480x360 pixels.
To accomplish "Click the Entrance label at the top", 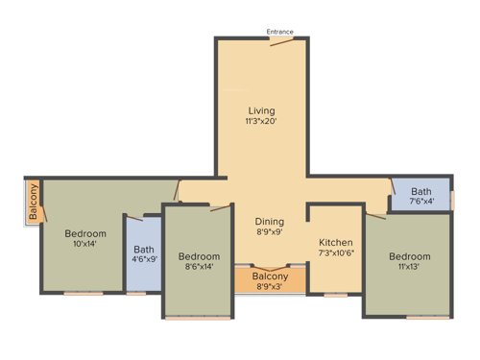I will (x=281, y=32).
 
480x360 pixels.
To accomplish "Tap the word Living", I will (x=262, y=110).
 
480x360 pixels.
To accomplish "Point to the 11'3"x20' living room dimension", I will (x=262, y=122).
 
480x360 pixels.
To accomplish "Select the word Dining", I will (x=270, y=221).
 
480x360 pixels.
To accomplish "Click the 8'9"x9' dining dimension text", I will (x=270, y=232).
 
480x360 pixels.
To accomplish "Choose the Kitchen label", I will (x=336, y=243).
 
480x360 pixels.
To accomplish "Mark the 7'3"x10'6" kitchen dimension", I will (x=336, y=254).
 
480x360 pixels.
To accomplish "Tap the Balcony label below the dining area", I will (x=270, y=276).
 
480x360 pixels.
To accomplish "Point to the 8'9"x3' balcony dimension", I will (x=270, y=287).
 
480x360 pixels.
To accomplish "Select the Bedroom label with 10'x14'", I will (x=85, y=233).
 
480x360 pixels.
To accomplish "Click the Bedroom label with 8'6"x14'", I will (x=199, y=256).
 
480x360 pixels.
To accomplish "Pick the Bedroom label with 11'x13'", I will (x=410, y=256).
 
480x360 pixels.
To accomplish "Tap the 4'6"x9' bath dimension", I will (x=144, y=259).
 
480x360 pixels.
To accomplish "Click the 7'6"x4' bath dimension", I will (x=421, y=202).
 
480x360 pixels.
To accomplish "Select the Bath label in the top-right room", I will (x=421, y=191).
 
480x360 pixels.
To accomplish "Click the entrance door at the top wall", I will (x=281, y=41).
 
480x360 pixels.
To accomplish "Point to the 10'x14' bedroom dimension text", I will (x=85, y=245).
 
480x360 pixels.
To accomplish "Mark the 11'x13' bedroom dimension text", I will (x=410, y=268).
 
